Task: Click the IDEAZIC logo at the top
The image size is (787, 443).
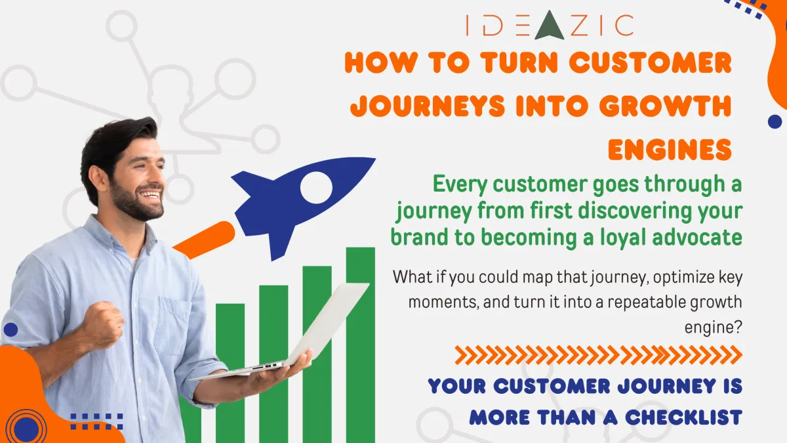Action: [549, 25]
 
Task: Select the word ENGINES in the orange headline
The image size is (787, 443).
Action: [669, 150]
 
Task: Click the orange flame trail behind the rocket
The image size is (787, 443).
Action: [204, 240]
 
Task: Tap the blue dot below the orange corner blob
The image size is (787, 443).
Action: [775, 121]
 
